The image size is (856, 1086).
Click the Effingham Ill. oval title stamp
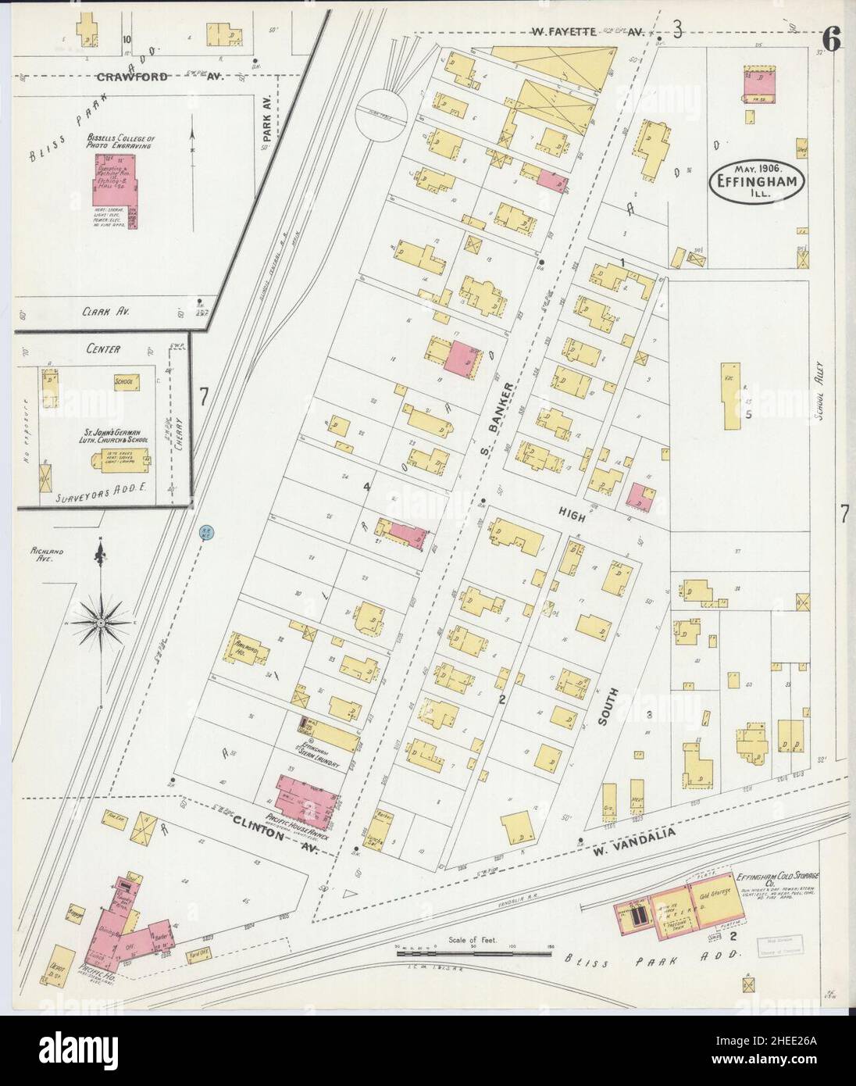756,183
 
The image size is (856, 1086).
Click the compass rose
101,621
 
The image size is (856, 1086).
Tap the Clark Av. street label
105,310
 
